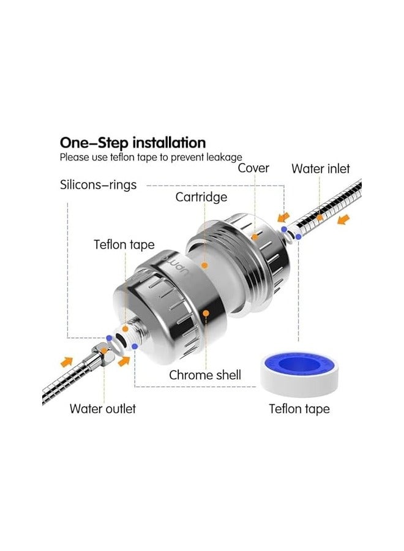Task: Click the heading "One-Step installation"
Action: (132, 143)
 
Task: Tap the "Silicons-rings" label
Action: (98, 184)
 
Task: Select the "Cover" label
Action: (253, 168)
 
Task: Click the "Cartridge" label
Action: (201, 197)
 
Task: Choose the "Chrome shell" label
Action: (205, 375)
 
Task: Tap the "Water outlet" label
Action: (102, 408)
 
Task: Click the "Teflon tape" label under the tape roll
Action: (299, 409)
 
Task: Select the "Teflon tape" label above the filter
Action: (124, 244)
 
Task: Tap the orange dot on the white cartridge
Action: (206, 265)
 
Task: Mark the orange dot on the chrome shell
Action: (206, 312)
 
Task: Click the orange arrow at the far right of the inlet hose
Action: (346, 219)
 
